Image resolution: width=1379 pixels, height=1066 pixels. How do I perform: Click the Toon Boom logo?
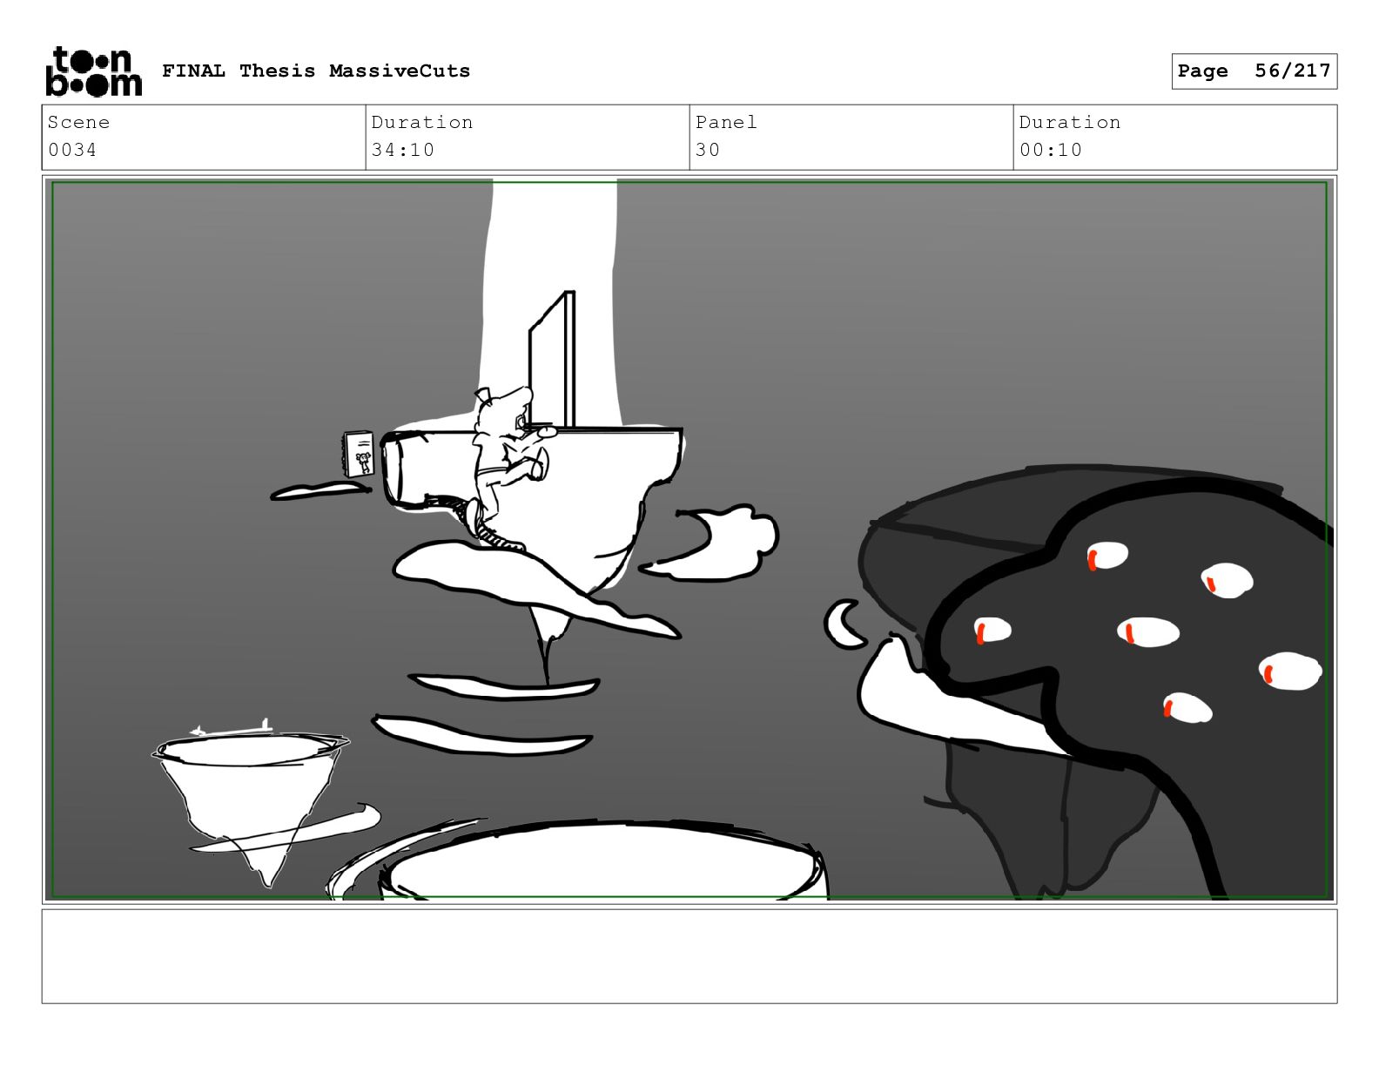point(94,71)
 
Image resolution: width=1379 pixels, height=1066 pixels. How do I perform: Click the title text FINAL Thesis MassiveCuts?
point(316,71)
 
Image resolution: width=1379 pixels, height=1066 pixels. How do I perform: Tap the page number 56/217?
point(1292,71)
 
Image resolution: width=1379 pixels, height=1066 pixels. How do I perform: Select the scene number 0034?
point(72,150)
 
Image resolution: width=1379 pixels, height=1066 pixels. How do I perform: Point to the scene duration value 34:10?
point(403,150)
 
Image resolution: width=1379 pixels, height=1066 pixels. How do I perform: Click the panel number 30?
point(708,150)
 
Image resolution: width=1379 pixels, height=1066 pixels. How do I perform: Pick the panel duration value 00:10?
point(1050,150)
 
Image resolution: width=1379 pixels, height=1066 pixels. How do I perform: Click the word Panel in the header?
point(726,122)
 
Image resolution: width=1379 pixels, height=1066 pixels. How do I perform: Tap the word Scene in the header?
point(78,122)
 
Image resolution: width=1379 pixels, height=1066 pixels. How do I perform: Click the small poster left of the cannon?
point(359,454)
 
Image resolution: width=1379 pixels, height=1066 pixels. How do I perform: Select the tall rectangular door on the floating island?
point(552,361)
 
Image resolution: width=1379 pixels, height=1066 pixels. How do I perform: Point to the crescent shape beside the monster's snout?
point(843,624)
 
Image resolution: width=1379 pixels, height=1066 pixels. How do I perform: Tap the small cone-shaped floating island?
point(251,802)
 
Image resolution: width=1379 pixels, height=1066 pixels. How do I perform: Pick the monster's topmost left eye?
point(1107,556)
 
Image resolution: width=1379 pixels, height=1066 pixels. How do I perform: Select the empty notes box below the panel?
point(689,956)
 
